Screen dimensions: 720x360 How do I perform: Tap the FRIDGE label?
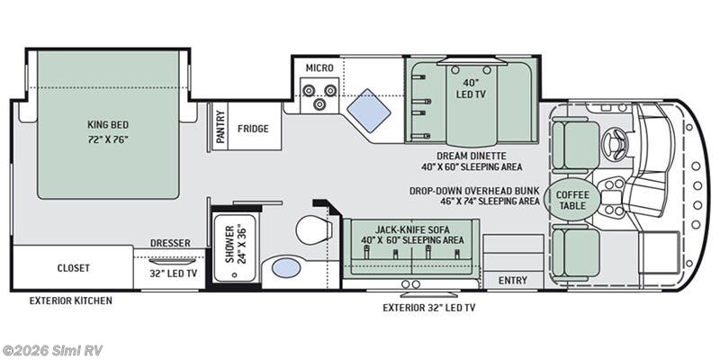tap(253, 129)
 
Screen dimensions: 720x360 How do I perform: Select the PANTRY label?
tap(220, 127)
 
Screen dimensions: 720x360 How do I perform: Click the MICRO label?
tap(319, 68)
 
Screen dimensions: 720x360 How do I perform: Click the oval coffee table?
tap(572, 200)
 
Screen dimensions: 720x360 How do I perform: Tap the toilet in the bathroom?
tap(314, 229)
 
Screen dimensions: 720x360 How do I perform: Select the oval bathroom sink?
tap(286, 267)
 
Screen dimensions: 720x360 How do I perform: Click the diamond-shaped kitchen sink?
tap(368, 110)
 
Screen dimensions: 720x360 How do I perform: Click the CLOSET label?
tap(74, 267)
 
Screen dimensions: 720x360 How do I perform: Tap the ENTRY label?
tap(513, 280)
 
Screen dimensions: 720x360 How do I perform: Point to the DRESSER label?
tap(170, 243)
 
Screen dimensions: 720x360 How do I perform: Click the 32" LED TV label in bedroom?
tap(173, 274)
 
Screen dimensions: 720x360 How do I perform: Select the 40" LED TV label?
tap(472, 89)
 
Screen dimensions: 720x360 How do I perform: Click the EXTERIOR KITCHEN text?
tap(71, 301)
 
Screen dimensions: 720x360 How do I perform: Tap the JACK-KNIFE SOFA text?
tap(412, 229)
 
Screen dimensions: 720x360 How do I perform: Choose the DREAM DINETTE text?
tap(472, 156)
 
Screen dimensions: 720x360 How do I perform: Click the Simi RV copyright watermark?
tap(51, 350)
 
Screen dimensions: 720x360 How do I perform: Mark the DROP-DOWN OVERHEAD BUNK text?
tap(474, 191)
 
